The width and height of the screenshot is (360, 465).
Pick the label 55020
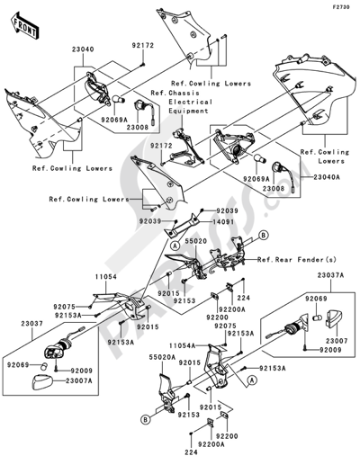coord(196,242)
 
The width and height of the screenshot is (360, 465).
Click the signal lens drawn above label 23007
coord(335,319)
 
